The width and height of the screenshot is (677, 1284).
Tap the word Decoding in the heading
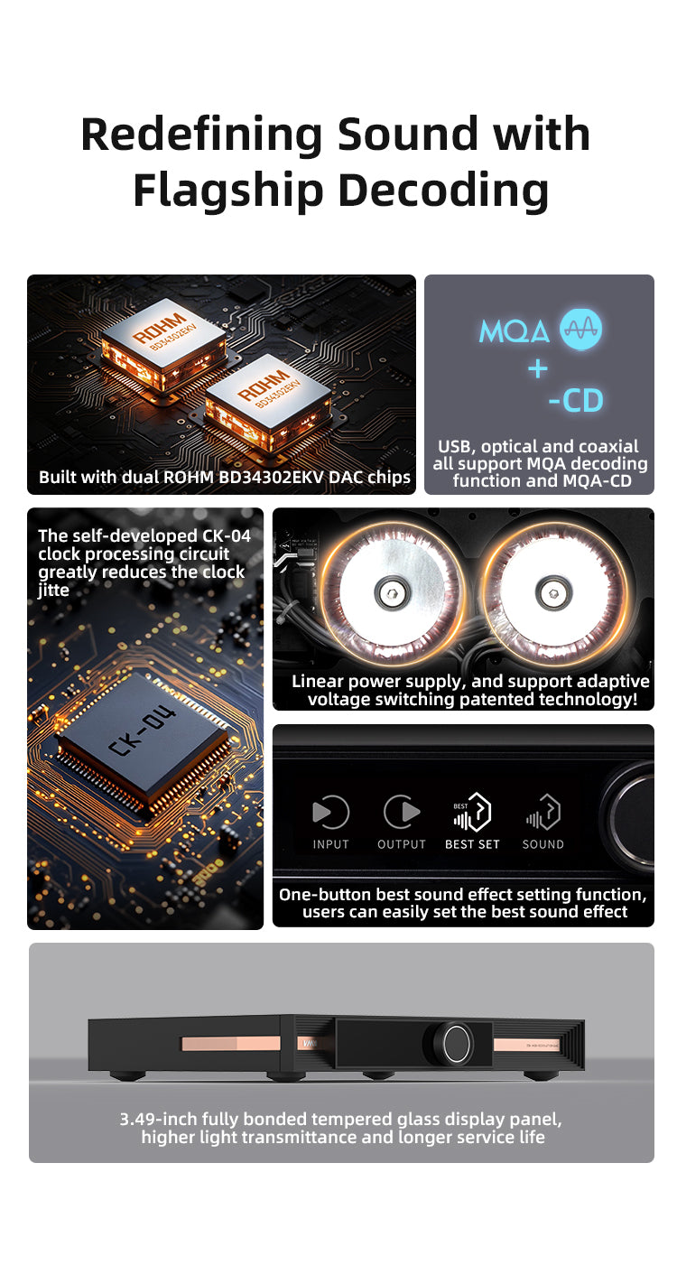(443, 191)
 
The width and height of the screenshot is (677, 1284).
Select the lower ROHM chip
(268, 401)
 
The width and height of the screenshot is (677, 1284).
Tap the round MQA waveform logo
(580, 330)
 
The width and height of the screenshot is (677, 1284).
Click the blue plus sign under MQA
(538, 368)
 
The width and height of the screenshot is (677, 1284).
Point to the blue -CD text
(576, 401)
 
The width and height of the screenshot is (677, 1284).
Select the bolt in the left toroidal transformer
(392, 592)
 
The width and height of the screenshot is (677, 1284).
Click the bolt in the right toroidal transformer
(553, 592)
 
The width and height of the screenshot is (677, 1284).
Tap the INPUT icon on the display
(330, 812)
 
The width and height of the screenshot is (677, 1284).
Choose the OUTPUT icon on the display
(402, 812)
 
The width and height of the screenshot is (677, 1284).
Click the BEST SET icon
(472, 812)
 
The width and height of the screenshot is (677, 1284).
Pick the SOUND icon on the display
(543, 812)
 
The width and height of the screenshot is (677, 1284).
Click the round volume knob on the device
(457, 1044)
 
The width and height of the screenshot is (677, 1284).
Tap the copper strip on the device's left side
(231, 1043)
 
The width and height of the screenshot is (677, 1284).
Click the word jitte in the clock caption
(53, 591)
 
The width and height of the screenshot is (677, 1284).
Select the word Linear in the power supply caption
(318, 681)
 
